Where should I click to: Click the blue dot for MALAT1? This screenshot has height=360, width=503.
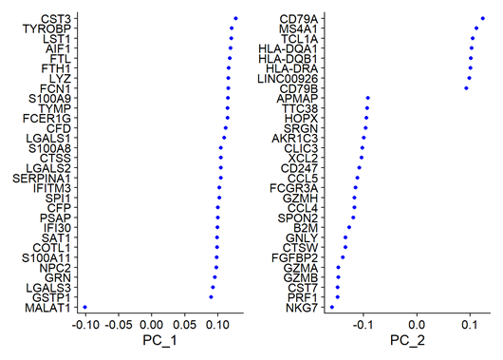click(x=85, y=308)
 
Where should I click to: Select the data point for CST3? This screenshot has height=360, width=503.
click(x=235, y=18)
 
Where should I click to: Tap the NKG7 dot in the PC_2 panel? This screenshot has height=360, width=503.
click(x=332, y=308)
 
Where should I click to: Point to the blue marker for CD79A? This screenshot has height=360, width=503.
click(x=483, y=18)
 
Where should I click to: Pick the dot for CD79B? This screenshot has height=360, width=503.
click(x=466, y=88)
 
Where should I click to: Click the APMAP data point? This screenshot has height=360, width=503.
click(x=368, y=98)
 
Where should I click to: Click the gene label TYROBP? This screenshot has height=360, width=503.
click(x=47, y=28)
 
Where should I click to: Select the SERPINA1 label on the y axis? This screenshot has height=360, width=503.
click(x=42, y=179)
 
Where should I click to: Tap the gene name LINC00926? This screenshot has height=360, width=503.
click(x=288, y=79)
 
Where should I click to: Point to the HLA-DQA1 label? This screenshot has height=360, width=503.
click(x=289, y=48)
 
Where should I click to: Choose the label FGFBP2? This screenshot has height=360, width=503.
click(x=294, y=257)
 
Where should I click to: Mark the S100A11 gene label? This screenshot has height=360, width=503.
click(x=47, y=257)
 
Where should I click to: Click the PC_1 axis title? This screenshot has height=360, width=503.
click(x=159, y=340)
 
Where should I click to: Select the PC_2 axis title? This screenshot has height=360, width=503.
click(x=407, y=340)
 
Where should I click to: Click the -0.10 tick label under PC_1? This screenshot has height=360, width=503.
click(x=85, y=325)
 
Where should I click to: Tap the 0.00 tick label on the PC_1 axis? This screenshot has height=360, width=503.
click(x=152, y=325)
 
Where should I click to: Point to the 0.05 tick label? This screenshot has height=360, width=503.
click(x=185, y=325)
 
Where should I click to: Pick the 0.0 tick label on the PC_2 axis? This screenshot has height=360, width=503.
click(x=417, y=325)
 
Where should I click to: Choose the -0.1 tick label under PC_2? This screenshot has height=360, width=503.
click(x=363, y=325)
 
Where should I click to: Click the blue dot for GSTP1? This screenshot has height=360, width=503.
click(x=211, y=297)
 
